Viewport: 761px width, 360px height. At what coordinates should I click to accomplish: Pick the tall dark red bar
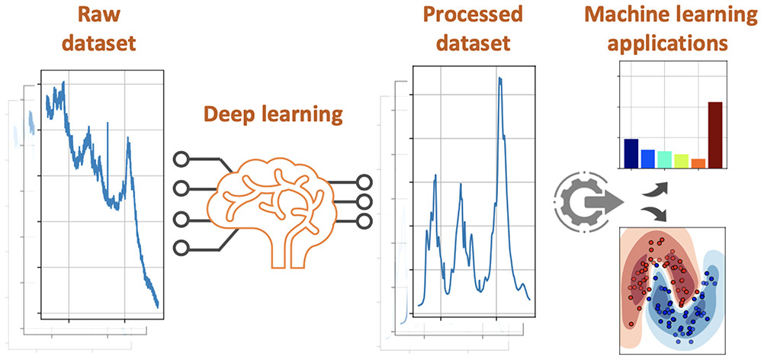point(714,134)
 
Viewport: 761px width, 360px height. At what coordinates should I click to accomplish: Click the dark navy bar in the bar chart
point(631,153)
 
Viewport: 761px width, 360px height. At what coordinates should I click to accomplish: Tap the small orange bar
point(698,162)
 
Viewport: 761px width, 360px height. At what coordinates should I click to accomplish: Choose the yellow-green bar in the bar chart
point(681,160)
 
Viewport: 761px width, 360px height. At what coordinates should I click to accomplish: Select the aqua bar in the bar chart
point(664,159)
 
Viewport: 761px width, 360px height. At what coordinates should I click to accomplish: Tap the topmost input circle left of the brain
point(181,159)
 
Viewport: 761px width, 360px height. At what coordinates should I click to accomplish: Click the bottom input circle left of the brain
point(181,247)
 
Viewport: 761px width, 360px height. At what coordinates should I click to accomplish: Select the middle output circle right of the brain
point(364,201)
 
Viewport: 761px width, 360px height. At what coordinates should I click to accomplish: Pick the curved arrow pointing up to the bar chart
point(654,188)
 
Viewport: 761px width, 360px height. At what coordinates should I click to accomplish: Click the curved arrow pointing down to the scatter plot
point(654,214)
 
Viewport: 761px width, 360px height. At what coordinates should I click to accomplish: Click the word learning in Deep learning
point(304,116)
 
